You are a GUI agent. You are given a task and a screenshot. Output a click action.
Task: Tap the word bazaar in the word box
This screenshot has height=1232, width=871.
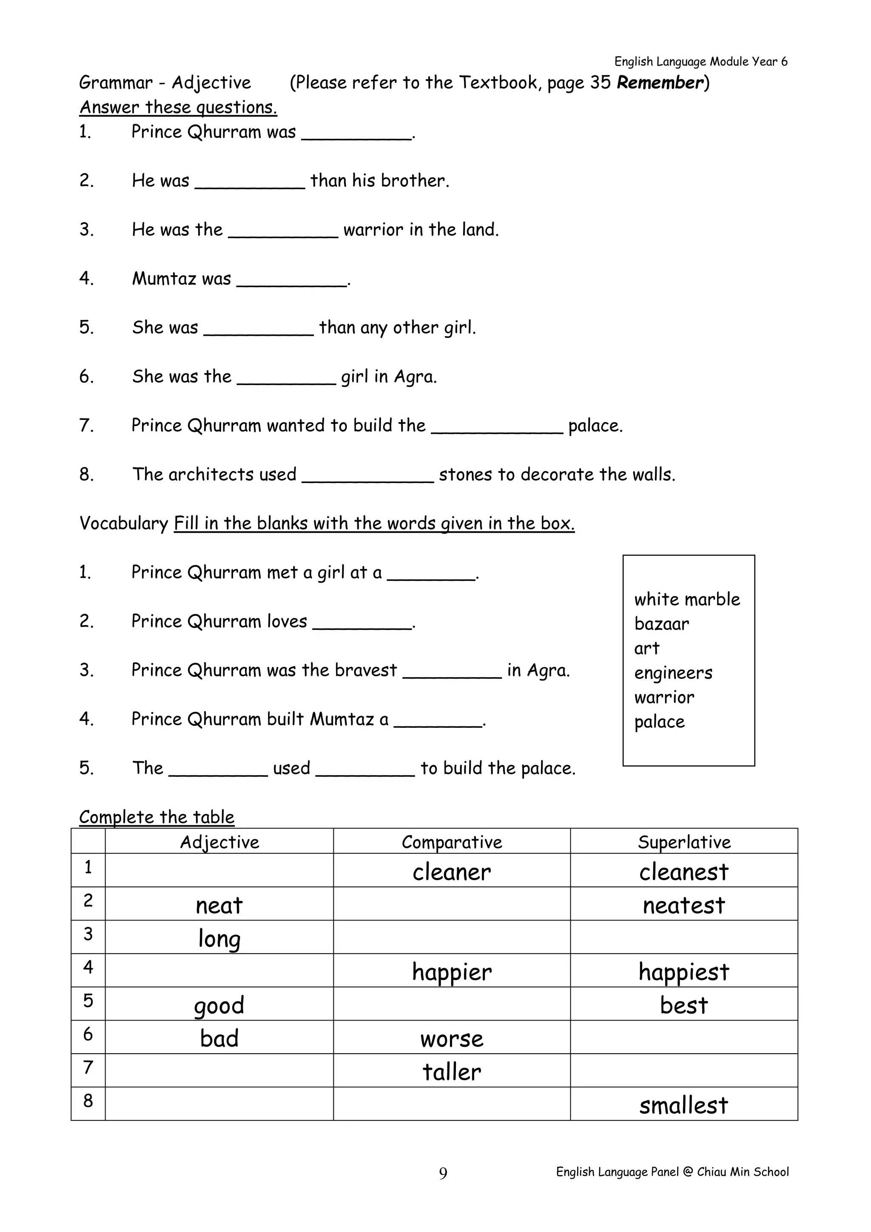click(661, 623)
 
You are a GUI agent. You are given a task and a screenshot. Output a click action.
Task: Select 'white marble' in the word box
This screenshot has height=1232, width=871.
click(686, 599)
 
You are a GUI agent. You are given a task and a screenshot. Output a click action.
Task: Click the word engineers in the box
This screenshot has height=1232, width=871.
click(673, 673)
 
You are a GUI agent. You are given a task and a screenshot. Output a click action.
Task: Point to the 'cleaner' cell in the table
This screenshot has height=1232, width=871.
click(452, 872)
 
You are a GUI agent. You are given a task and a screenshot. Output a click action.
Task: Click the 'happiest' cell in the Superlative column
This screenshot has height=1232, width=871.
click(684, 972)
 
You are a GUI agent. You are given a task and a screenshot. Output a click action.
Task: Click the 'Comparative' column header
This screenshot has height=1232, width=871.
click(452, 842)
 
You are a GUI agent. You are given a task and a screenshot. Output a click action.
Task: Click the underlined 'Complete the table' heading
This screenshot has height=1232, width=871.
click(157, 817)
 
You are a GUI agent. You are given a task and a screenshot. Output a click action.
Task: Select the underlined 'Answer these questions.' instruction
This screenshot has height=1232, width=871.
click(178, 107)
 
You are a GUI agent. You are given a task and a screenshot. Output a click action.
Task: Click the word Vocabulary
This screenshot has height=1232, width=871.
click(124, 523)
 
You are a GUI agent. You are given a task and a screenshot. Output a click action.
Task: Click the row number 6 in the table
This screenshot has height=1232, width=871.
click(88, 1034)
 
